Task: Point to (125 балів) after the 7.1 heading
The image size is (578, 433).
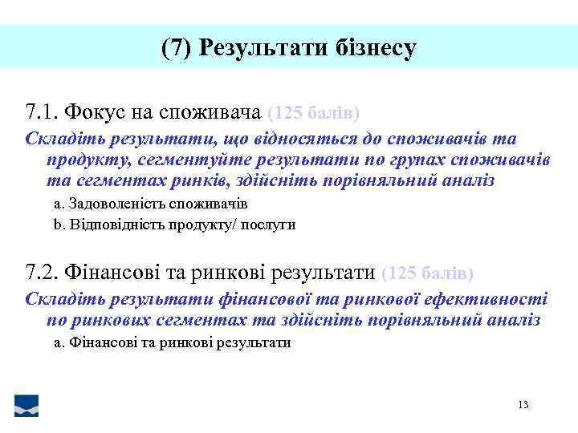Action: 313,111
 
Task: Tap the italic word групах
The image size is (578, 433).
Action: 414,160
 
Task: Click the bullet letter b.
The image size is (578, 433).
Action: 57,225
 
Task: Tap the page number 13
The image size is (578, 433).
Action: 523,405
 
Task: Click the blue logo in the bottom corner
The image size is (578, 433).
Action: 26,406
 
